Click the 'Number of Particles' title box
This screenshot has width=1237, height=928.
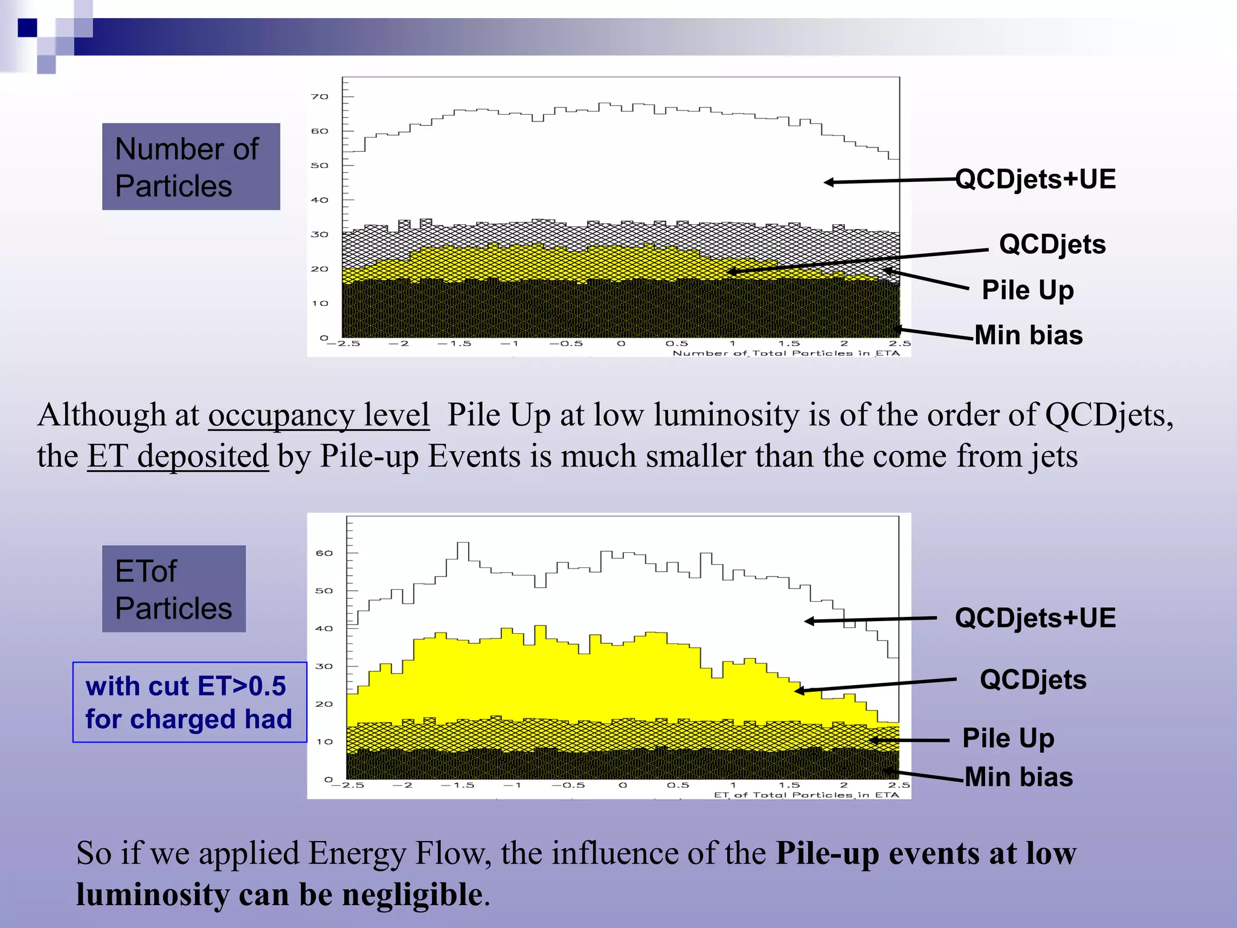pyautogui.click(x=191, y=167)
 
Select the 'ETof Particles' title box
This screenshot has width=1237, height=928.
pyautogui.click(x=174, y=589)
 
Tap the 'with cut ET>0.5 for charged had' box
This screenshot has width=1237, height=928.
pyautogui.click(x=190, y=702)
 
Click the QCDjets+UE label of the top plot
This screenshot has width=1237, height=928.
pyautogui.click(x=1035, y=179)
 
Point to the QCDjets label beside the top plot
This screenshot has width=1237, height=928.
pyautogui.click(x=1052, y=245)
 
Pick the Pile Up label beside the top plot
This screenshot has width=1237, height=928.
pyautogui.click(x=1027, y=290)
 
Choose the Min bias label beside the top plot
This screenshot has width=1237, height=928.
pyautogui.click(x=1029, y=335)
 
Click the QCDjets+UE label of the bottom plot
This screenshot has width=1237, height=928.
pyautogui.click(x=1035, y=618)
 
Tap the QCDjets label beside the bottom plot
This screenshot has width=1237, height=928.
pyautogui.click(x=1033, y=680)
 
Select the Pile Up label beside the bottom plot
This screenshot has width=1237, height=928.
pyautogui.click(x=1008, y=738)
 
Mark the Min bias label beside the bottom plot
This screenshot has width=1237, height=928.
pyautogui.click(x=1019, y=777)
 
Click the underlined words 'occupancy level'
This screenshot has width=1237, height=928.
pyautogui.click(x=319, y=416)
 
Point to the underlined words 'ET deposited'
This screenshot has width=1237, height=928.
pyautogui.click(x=178, y=456)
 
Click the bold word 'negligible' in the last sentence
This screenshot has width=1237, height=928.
pyautogui.click(x=412, y=895)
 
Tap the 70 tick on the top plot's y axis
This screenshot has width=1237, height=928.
pyautogui.click(x=320, y=97)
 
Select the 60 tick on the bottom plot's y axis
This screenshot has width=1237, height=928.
pyautogui.click(x=324, y=553)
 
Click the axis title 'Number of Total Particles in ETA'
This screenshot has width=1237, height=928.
pyautogui.click(x=786, y=353)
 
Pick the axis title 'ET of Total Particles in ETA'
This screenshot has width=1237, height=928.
pyautogui.click(x=806, y=794)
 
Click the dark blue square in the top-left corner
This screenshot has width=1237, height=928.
pyautogui.click(x=27, y=28)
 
